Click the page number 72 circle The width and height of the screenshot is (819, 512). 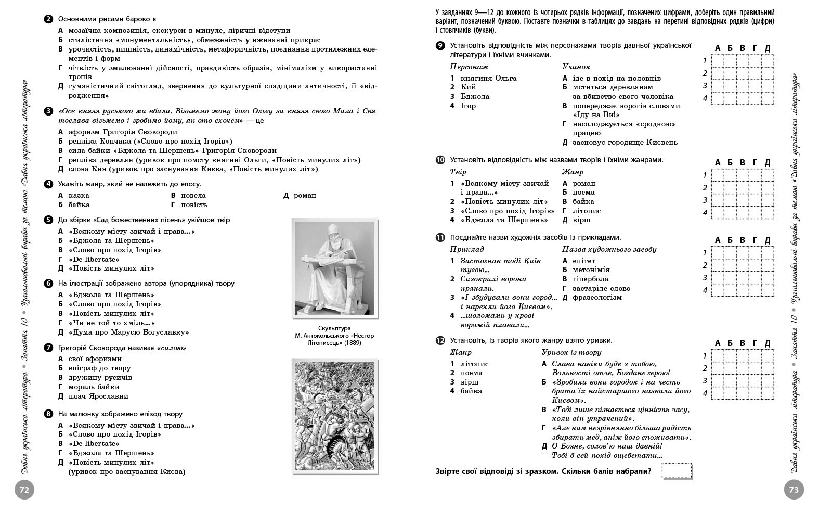pos(24,490)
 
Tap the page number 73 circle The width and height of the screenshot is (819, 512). pos(794,490)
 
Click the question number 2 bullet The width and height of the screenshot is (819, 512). pos(48,19)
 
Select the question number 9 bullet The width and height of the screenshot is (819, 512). pos(440,46)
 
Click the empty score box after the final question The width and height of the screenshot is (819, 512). pos(677,471)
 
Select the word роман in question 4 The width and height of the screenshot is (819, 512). pos(305,196)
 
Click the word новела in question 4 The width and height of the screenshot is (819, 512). pos(193,196)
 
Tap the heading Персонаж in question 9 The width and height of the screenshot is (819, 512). pos(469,67)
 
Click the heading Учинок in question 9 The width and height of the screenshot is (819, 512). pos(576,67)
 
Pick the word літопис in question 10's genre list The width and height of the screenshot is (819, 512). pos(587,211)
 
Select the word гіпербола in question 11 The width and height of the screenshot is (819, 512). pos(591,279)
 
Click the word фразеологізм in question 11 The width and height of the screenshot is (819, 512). pos(597,298)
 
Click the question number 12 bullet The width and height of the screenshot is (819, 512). pos(440,341)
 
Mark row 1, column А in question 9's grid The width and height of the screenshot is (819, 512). pos(718,61)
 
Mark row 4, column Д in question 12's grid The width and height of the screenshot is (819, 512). pos(768,393)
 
